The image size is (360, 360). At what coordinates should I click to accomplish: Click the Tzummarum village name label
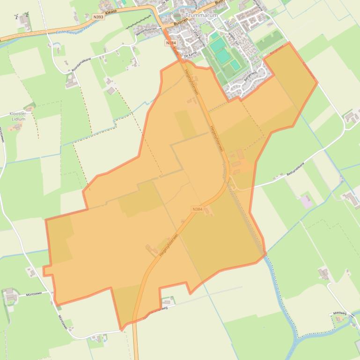(x=201, y=15)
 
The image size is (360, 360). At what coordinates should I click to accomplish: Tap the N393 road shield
(x=97, y=16)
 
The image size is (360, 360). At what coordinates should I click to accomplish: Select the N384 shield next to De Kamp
(x=171, y=43)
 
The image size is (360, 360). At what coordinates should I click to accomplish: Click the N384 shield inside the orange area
(x=197, y=209)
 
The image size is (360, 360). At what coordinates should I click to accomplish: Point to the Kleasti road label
(x=111, y=12)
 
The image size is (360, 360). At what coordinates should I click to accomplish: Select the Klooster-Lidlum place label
(x=18, y=116)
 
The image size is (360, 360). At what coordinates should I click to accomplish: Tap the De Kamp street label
(x=190, y=55)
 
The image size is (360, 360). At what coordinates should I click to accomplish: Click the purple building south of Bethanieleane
(x=306, y=202)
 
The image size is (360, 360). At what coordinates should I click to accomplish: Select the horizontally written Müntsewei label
(x=34, y=294)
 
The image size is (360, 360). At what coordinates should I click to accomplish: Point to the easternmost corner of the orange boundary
(x=317, y=83)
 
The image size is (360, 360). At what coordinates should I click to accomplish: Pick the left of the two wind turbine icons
(x=17, y=16)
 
